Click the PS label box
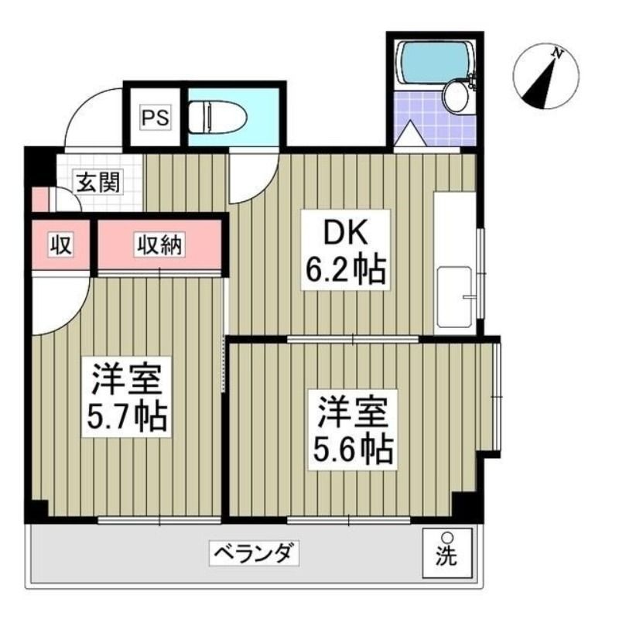tap(156, 118)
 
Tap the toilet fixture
tap(217, 117)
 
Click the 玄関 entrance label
tap(98, 182)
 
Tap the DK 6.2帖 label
tap(346, 250)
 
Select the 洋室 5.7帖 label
tap(127, 397)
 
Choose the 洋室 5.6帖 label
tap(353, 430)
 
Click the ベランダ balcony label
tap(254, 553)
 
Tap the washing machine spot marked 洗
tap(447, 552)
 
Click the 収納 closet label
tap(159, 245)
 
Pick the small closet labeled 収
tap(61, 245)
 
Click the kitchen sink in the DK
tap(454, 297)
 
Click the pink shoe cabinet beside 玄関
tap(40, 200)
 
